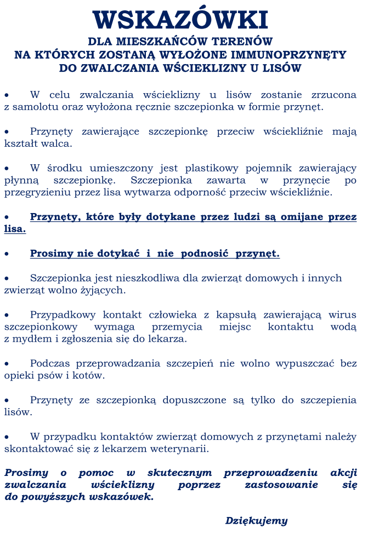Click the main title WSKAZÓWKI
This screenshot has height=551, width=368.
click(180, 20)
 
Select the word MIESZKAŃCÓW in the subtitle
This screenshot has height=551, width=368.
click(161, 42)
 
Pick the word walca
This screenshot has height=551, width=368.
click(60, 144)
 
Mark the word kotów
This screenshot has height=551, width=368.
click(90, 376)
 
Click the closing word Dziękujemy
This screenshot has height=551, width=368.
click(256, 521)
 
